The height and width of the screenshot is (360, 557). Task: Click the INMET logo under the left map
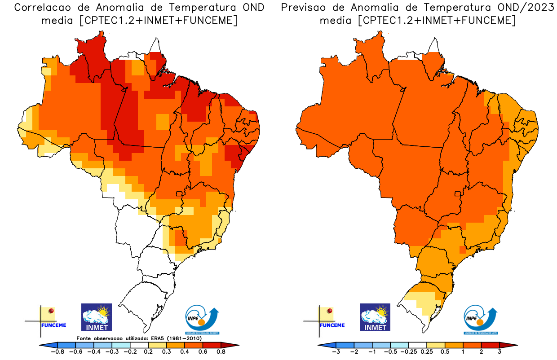tap(96, 317)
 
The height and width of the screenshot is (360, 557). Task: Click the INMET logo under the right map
tap(375, 317)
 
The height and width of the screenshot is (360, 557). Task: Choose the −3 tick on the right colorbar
tap(336, 351)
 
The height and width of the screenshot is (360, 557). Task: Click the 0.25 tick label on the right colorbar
tap(427, 351)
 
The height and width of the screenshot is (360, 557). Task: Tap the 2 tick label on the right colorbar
tap(481, 351)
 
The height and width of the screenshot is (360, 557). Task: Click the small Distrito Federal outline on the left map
tap(179, 194)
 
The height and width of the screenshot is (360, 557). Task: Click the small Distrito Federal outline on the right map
tap(458, 194)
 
